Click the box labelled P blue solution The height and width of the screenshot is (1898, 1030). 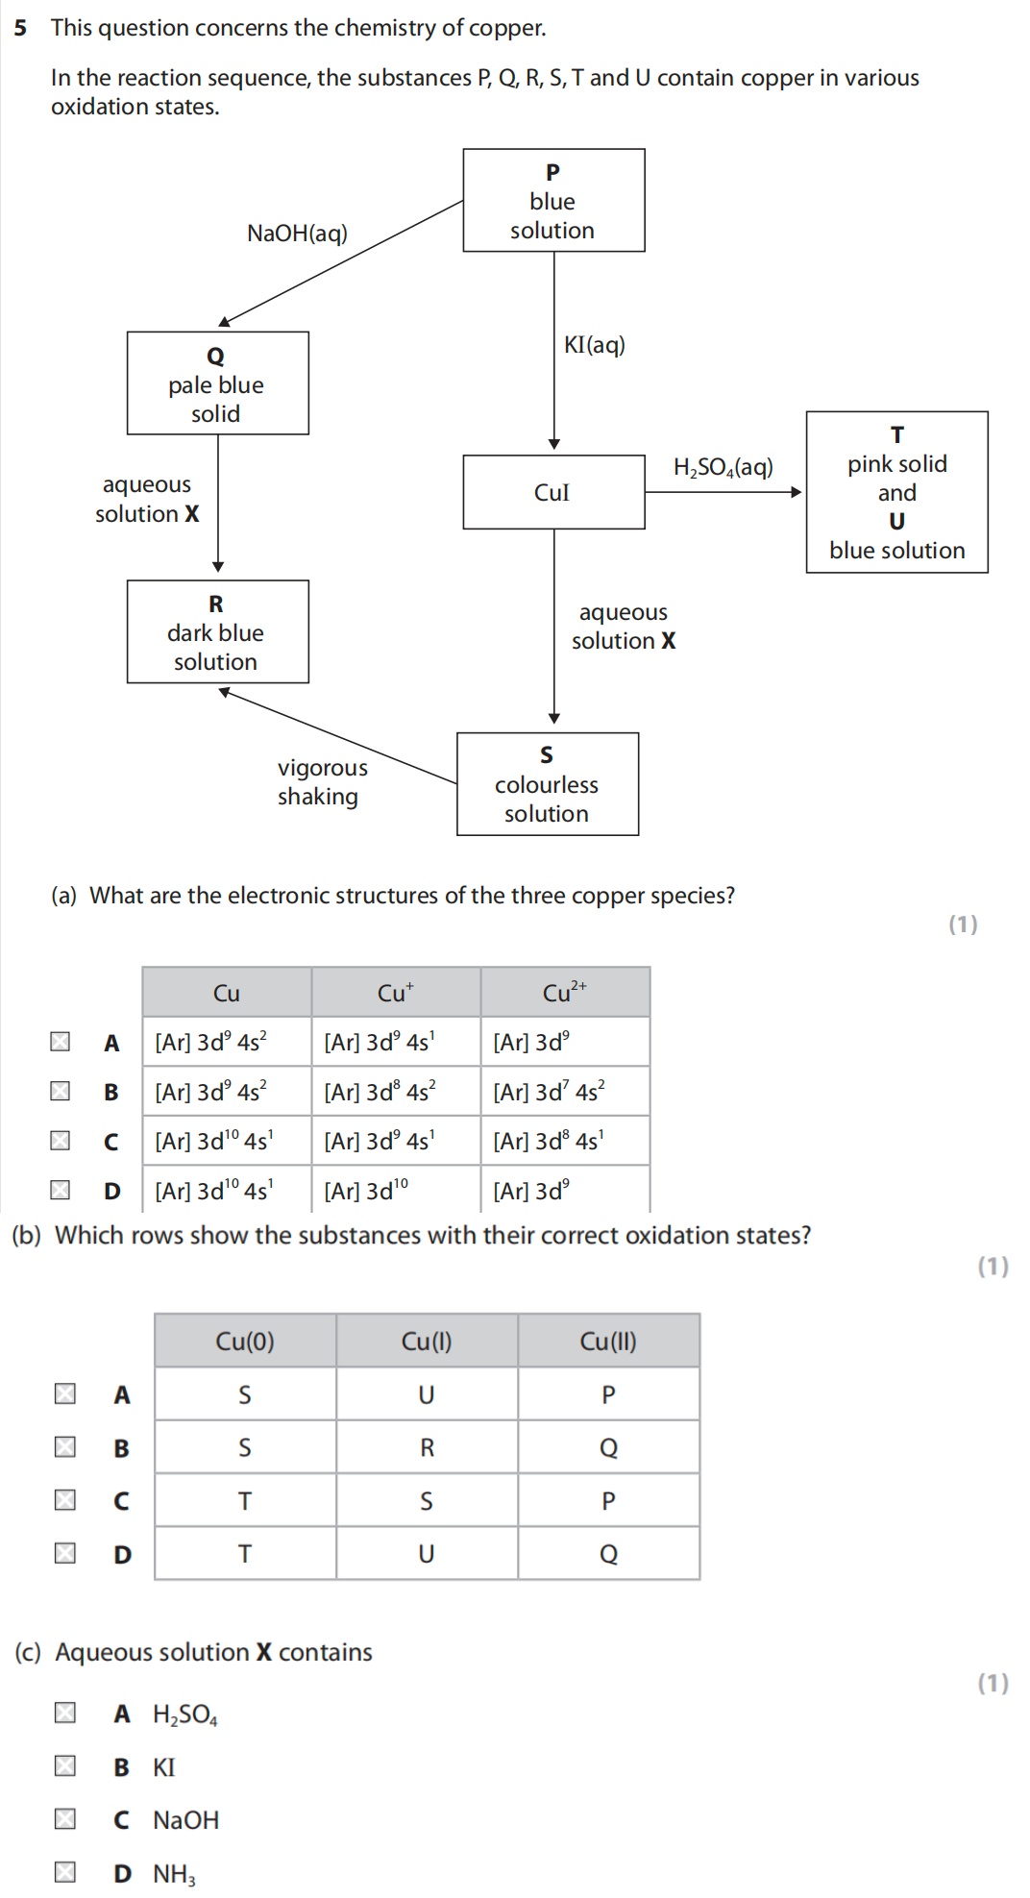[x=553, y=200]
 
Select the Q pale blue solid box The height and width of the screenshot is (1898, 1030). [x=217, y=383]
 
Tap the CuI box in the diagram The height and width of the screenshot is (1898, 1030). [x=553, y=492]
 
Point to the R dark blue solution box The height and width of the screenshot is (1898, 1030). [x=217, y=631]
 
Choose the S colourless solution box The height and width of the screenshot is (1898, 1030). [x=547, y=784]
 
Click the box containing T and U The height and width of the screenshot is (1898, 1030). [x=896, y=492]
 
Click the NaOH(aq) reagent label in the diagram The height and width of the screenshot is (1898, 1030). [x=297, y=234]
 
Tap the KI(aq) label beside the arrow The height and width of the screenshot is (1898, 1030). [x=594, y=345]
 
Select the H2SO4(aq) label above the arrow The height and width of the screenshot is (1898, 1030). [x=723, y=468]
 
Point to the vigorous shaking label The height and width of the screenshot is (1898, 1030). [x=322, y=782]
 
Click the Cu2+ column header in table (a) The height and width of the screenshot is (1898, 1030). [x=564, y=993]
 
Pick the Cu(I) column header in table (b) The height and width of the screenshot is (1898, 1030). [x=427, y=1342]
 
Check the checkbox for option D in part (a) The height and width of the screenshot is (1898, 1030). [x=61, y=1191]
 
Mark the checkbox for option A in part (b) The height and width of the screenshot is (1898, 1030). [x=65, y=1393]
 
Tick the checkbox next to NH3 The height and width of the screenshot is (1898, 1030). [x=65, y=1873]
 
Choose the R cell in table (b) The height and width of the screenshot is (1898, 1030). [x=427, y=1447]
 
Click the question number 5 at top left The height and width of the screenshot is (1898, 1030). [x=20, y=28]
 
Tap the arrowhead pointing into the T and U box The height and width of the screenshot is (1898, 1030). [x=796, y=492]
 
